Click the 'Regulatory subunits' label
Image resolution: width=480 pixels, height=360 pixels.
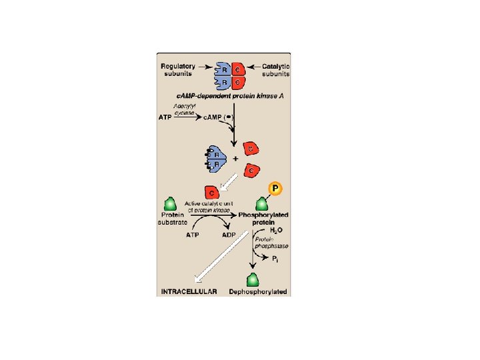pyautogui.click(x=178, y=69)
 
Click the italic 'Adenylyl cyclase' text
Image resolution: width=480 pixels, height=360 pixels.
pyautogui.click(x=184, y=109)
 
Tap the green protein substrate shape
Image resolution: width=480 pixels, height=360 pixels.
pyautogui.click(x=170, y=203)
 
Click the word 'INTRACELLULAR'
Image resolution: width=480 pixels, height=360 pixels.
pyautogui.click(x=189, y=292)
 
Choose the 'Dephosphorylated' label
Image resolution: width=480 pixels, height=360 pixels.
pyautogui.click(x=257, y=292)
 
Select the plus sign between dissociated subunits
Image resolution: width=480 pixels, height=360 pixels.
pyautogui.click(x=235, y=159)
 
